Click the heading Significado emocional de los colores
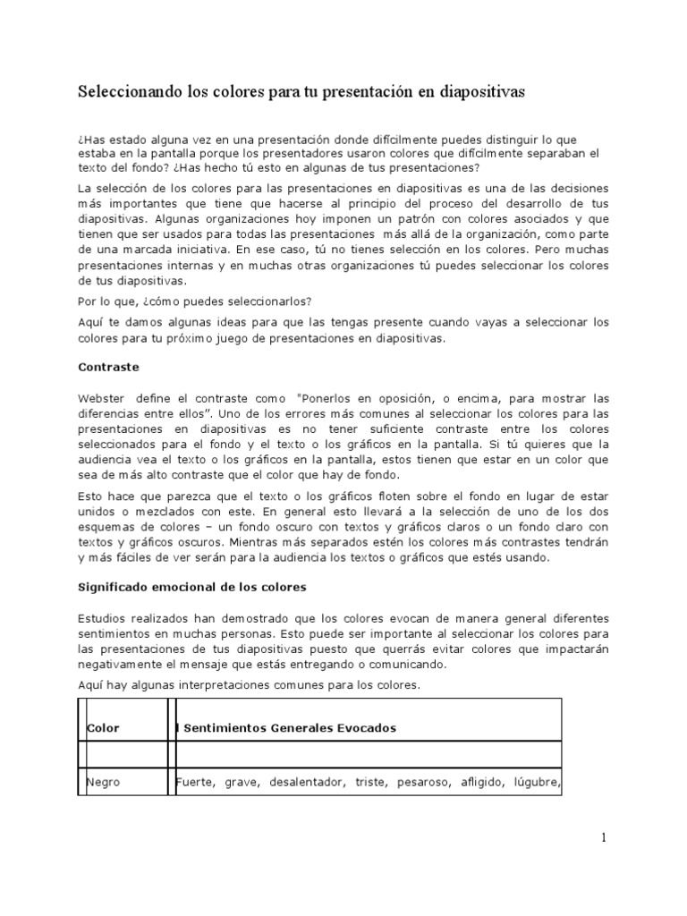click(x=192, y=587)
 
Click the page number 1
click(x=603, y=837)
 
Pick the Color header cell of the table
click(x=103, y=727)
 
